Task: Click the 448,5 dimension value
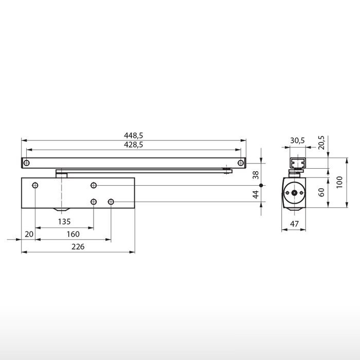tap(133, 135)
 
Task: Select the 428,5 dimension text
tap(133, 146)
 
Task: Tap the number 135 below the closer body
tap(64, 222)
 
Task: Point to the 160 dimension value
tap(73, 235)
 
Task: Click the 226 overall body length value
tap(78, 247)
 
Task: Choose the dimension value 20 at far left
tap(29, 235)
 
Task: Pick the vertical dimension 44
tap(256, 194)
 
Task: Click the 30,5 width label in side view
tap(297, 140)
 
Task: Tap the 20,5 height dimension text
tap(321, 142)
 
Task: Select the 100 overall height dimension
tap(339, 182)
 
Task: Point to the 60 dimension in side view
tap(321, 193)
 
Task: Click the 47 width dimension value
tap(294, 224)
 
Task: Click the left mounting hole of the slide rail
tap(27, 163)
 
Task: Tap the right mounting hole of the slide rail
tap(240, 163)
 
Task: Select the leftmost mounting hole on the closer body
tap(35, 185)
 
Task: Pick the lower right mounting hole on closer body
tap(111, 202)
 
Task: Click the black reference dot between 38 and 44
tap(261, 185)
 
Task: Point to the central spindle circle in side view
tap(294, 193)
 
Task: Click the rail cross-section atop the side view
tap(297, 163)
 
